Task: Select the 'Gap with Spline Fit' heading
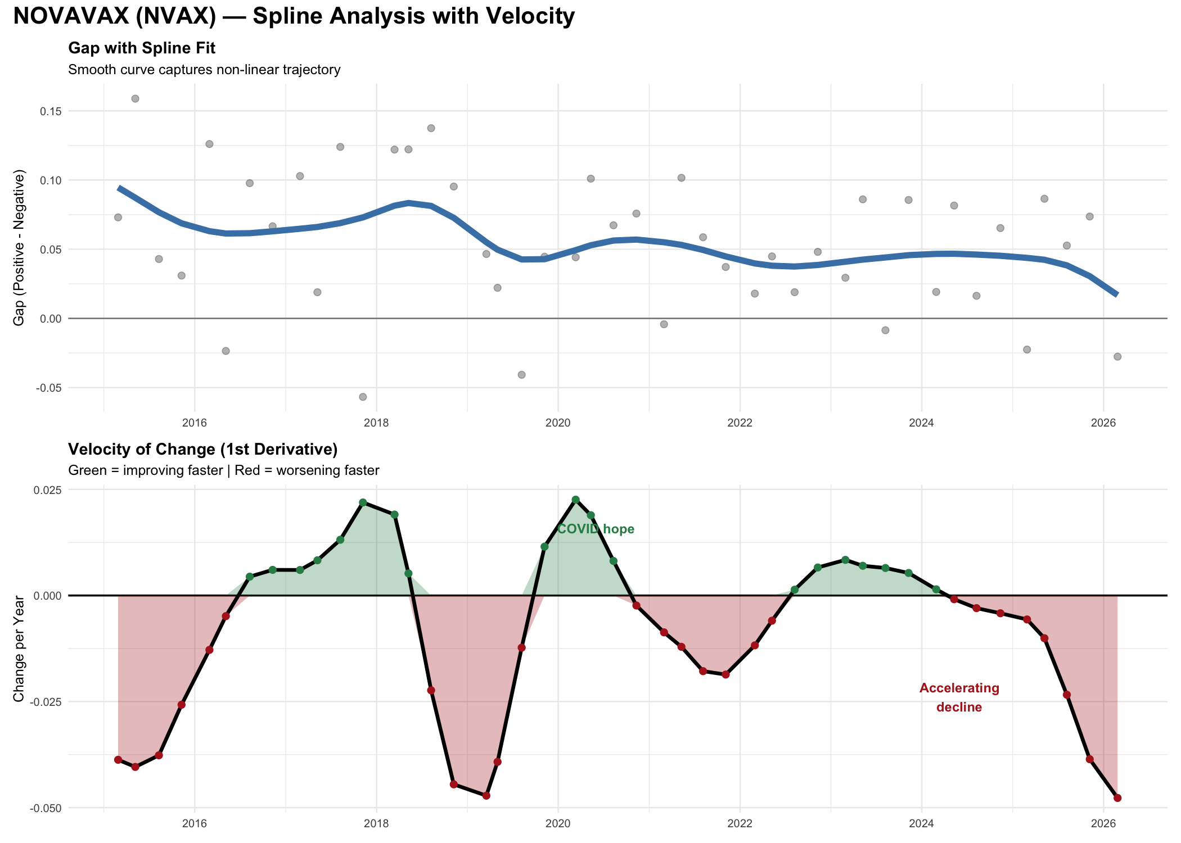(x=142, y=48)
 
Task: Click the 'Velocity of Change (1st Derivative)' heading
(x=202, y=449)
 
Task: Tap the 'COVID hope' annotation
(x=596, y=529)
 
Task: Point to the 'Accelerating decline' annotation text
(x=959, y=697)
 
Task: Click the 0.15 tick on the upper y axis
(x=51, y=111)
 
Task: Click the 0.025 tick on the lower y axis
(x=48, y=490)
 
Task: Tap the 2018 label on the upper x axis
(x=376, y=423)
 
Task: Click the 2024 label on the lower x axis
(x=921, y=824)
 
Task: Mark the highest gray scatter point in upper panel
(x=135, y=99)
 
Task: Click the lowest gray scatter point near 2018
(x=363, y=397)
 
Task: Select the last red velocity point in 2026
(x=1117, y=798)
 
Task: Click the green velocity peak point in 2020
(x=575, y=500)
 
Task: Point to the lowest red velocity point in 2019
(x=486, y=796)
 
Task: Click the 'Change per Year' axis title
(x=19, y=648)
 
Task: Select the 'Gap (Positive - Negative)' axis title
(x=19, y=247)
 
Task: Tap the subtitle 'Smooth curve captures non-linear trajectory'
(x=204, y=70)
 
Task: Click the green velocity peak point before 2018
(x=363, y=502)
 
